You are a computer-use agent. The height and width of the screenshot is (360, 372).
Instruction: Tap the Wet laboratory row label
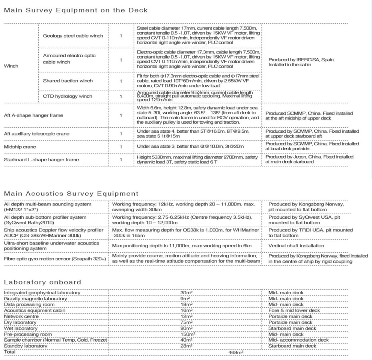[x=18, y=328]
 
